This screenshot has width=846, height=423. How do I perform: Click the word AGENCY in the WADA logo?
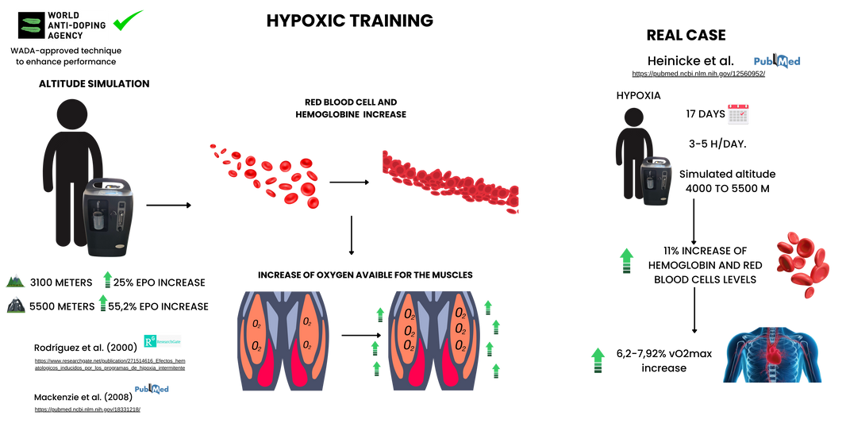click(65, 36)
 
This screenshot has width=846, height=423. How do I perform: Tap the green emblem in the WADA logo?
click(32, 25)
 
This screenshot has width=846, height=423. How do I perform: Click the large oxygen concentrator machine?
click(109, 217)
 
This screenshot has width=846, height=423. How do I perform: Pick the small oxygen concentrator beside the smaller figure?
click(656, 181)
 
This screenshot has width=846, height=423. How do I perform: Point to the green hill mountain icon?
click(15, 280)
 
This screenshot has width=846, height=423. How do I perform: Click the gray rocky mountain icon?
click(16, 305)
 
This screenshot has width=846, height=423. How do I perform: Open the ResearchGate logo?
click(163, 340)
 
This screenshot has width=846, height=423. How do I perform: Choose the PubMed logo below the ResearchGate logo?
click(152, 389)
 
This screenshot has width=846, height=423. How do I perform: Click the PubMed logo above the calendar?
click(777, 61)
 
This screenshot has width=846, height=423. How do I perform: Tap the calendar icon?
click(738, 114)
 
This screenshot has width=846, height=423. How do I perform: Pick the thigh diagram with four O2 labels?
click(283, 340)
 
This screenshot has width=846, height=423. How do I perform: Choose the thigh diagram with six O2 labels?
click(433, 340)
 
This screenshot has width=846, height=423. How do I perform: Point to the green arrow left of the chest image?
click(598, 360)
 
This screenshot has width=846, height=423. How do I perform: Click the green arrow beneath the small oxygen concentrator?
click(626, 260)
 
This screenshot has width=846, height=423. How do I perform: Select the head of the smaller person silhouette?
click(633, 120)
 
